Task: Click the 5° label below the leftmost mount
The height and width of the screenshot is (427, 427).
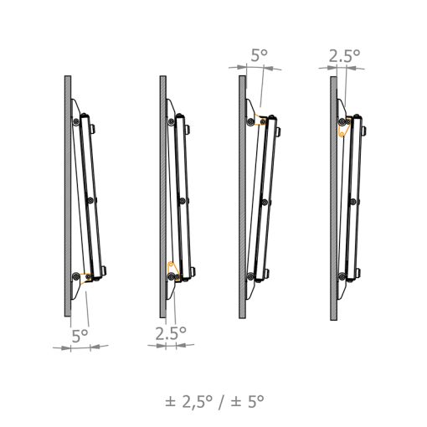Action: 80,336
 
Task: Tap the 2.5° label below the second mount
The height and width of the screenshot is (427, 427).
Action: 171,333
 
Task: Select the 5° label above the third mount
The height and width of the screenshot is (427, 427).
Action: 260,55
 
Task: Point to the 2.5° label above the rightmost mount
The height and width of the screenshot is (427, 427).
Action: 344,56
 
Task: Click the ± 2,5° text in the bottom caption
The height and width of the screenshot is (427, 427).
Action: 188,401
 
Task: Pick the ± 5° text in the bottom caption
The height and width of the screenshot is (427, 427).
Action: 247,401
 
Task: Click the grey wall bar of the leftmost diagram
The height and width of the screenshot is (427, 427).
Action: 68,196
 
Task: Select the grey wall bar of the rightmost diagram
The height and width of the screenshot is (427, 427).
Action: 333,198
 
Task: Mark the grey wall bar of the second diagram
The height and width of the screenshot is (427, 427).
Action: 163,197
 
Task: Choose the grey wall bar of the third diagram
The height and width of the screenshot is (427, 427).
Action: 243,197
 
